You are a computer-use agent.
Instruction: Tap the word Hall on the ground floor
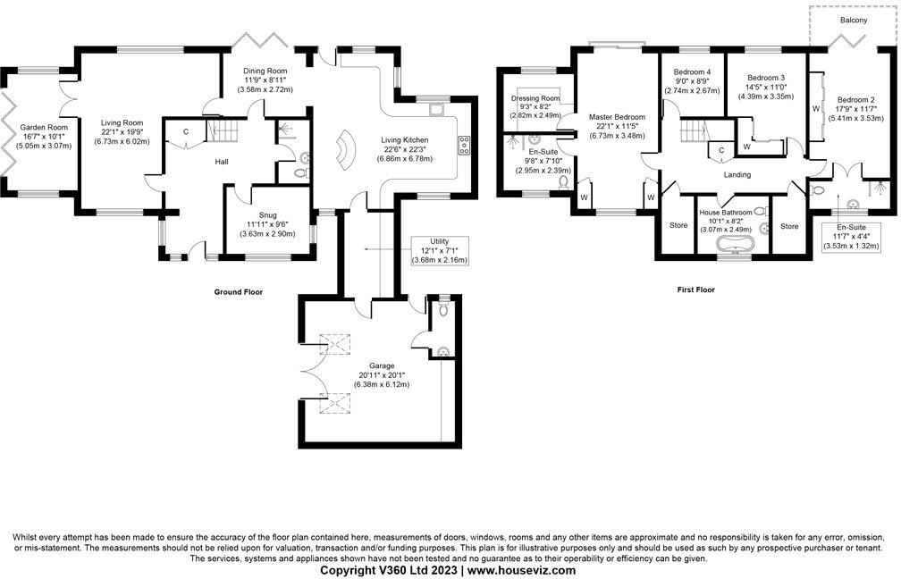click(198, 162)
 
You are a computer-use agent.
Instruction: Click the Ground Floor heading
click(238, 291)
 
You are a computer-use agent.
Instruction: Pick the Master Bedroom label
click(617, 117)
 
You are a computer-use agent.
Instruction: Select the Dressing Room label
click(535, 97)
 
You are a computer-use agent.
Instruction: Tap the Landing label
click(737, 174)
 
